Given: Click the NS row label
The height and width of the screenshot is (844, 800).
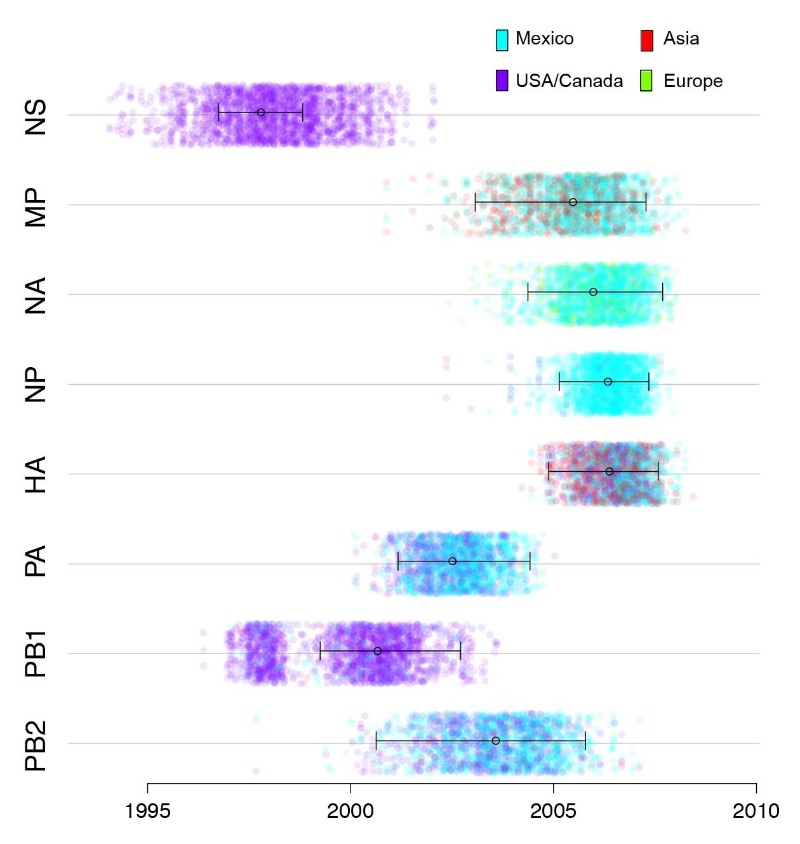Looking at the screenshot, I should pyautogui.click(x=36, y=117).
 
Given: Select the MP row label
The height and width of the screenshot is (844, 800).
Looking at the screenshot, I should pyautogui.click(x=36, y=207).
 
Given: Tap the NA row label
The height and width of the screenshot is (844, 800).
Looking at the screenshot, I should pyautogui.click(x=36, y=296).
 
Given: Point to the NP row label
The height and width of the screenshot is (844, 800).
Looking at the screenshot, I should pyautogui.click(x=36, y=385).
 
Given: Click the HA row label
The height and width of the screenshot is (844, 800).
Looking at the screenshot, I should pyautogui.click(x=36, y=474).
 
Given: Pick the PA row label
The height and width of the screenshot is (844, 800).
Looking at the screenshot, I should pyautogui.click(x=36, y=561).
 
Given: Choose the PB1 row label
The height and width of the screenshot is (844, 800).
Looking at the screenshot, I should pyautogui.click(x=36, y=653).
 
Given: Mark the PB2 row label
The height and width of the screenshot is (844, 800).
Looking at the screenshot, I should pyautogui.click(x=36, y=746).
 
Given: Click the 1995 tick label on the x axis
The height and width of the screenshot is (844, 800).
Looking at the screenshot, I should pyautogui.click(x=147, y=811).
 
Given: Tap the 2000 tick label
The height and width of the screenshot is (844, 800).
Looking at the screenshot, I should pyautogui.click(x=350, y=811).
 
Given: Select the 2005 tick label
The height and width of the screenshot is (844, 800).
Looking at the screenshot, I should pyautogui.click(x=553, y=811).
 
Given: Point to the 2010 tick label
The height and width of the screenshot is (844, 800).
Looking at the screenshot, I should pyautogui.click(x=756, y=811).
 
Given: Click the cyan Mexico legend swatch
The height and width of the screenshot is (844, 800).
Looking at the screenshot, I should pyautogui.click(x=502, y=40).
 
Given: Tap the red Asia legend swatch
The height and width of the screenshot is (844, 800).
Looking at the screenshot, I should pyautogui.click(x=646, y=40).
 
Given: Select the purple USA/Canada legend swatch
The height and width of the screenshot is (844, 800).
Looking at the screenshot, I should pyautogui.click(x=502, y=81).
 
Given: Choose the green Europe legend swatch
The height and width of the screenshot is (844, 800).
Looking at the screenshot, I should pyautogui.click(x=646, y=81).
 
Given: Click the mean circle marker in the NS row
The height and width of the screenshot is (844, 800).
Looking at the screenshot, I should pyautogui.click(x=260, y=112).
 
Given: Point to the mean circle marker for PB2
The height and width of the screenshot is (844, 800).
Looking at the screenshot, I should pyautogui.click(x=495, y=741).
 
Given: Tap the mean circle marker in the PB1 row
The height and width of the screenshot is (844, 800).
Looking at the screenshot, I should pyautogui.click(x=377, y=651).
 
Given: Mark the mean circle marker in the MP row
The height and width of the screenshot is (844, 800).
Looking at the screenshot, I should pyautogui.click(x=573, y=202).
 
